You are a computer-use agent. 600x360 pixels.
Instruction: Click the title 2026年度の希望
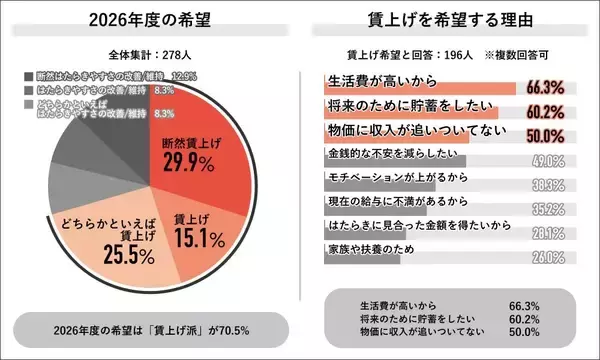pyautogui.click(x=150, y=20)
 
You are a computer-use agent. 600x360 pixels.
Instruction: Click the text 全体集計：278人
pyautogui.click(x=150, y=54)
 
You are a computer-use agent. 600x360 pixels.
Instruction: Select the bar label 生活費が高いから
pyautogui.click(x=376, y=79)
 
